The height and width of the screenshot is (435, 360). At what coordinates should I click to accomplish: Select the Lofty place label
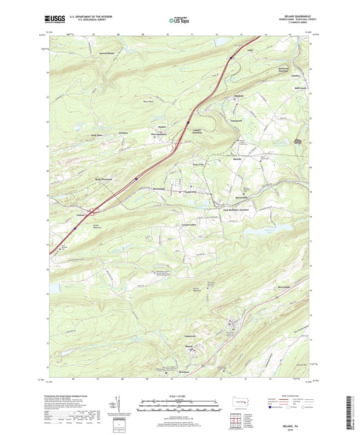tap(250, 50)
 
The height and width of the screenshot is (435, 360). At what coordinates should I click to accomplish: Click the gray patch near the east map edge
tap(309, 143)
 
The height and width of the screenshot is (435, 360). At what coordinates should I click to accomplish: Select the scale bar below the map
tap(179, 407)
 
